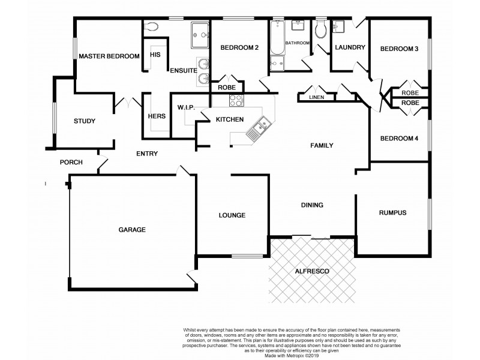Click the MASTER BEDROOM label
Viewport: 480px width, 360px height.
coord(109,56)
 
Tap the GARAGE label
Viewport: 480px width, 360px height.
coord(132,229)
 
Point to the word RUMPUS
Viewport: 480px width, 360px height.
coord(392,213)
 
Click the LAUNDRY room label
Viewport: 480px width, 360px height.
coord(350,48)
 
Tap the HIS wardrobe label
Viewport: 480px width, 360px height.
coord(155,55)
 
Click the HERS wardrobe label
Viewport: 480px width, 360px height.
coord(156,116)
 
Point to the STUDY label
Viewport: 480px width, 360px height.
coord(85,121)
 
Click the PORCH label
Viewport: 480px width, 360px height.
coord(71,163)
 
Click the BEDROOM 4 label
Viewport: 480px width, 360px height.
coord(399,139)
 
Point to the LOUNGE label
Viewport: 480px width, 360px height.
coord(232,215)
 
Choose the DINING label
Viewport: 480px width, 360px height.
coord(312,205)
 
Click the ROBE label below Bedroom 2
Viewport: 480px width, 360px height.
coord(226,88)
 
